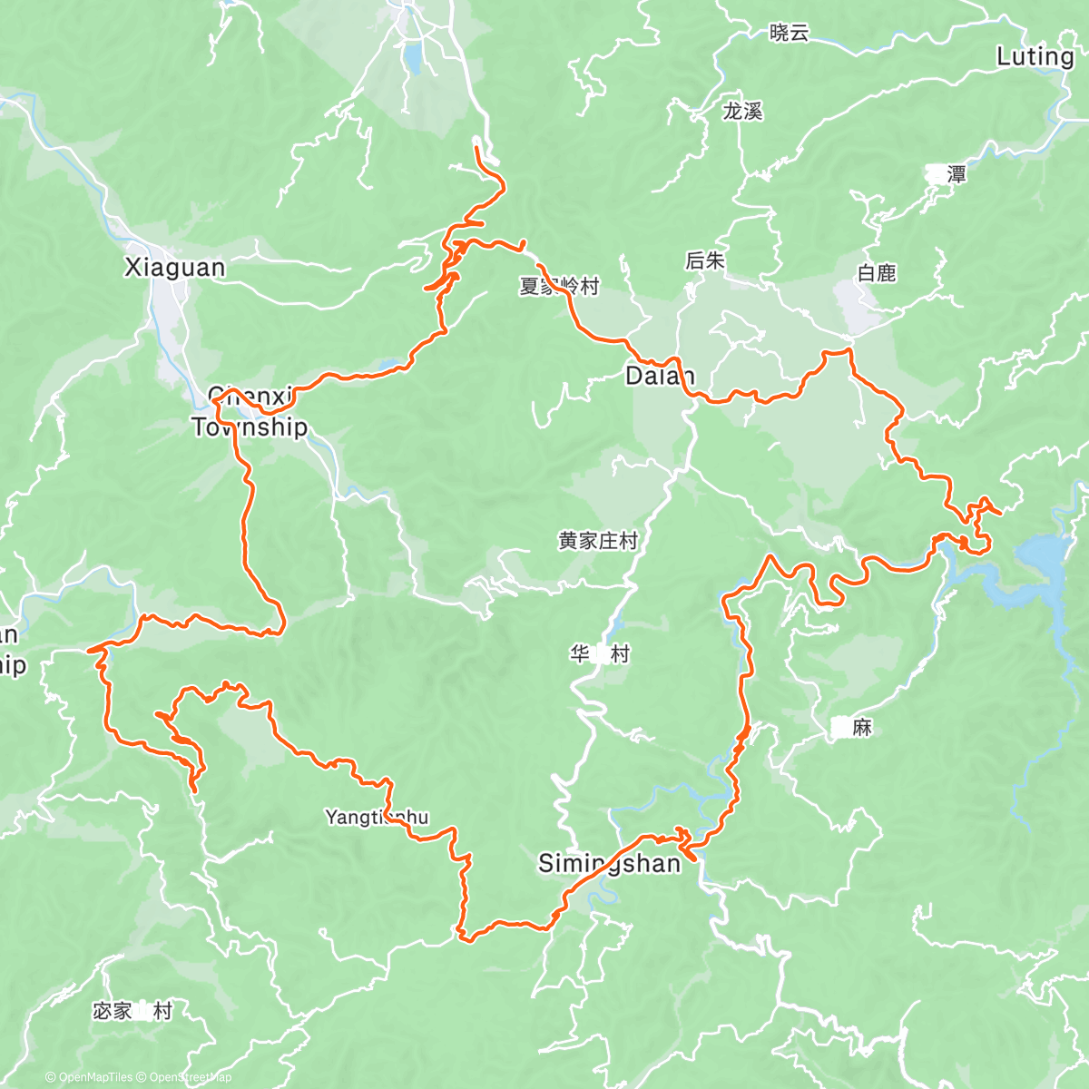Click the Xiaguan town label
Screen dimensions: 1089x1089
coord(174,268)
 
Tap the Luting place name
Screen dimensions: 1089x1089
coord(1035,57)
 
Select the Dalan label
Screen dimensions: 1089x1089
coord(660,376)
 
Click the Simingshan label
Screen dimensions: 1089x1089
coord(609,863)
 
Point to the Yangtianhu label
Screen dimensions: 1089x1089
coord(377,818)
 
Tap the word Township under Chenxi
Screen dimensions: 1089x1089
coord(250,427)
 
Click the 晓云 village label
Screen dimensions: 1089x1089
coord(789,34)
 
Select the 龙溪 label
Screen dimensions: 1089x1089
coord(742,112)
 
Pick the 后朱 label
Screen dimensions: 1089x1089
coord(704,261)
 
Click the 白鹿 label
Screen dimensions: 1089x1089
coord(877,273)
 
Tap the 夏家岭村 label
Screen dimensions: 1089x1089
coord(559,287)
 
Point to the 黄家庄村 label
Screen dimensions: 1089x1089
coord(598,542)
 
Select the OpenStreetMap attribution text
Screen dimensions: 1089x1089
coord(190,1077)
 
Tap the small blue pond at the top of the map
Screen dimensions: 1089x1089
coord(413,58)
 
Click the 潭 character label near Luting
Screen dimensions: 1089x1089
coord(956,174)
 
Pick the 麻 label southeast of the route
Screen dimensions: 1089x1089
coord(862,727)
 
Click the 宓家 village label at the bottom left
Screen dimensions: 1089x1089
coord(113,1011)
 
